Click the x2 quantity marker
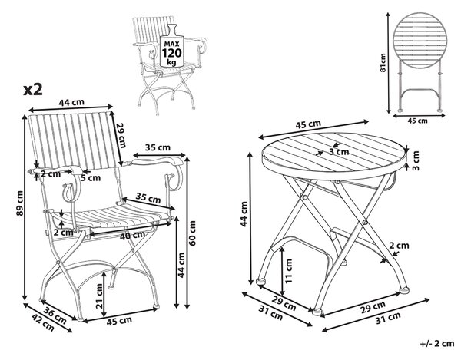tap(33, 89)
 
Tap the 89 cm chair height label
tap(20, 203)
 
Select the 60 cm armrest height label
tap(191, 233)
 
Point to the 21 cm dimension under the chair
tap(100, 296)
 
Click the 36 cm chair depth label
tap(55, 315)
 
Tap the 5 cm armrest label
tap(91, 177)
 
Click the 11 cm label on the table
tap(289, 270)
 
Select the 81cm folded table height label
tap(383, 62)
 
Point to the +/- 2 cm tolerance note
tap(437, 343)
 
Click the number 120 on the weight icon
tap(172, 53)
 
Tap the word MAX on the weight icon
tap(172, 44)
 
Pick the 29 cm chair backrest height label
tap(121, 135)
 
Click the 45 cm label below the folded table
tap(418, 121)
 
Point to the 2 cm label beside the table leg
tap(399, 246)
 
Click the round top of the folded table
tap(420, 37)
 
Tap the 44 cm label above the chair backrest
tap(71, 103)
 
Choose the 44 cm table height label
tap(244, 213)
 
